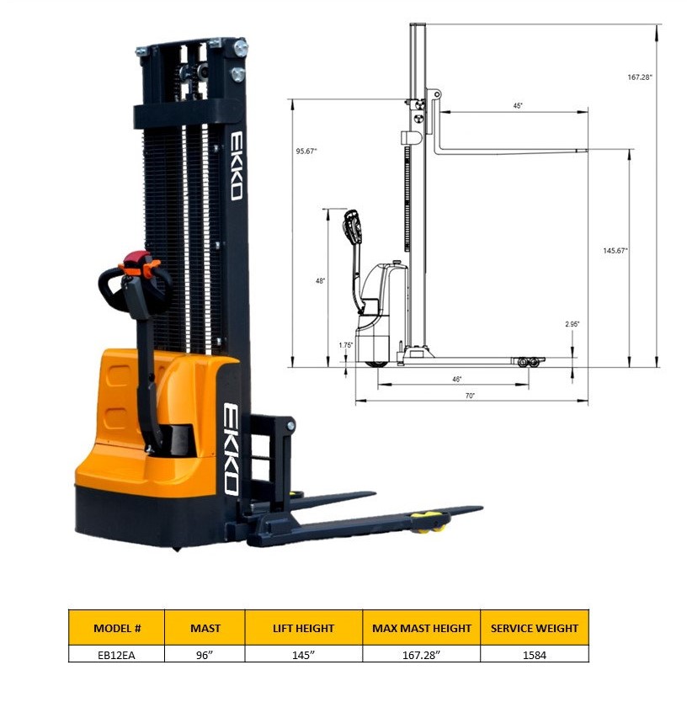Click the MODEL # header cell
coord(116,628)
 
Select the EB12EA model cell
coord(116,654)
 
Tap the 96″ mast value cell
coord(205,654)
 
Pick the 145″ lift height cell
coord(303,654)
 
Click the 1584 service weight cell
coord(535,654)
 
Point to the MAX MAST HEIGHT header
coord(421,628)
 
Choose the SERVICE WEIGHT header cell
coord(535,628)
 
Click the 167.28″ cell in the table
coord(421,654)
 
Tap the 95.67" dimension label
coord(306,152)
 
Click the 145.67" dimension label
coord(615,251)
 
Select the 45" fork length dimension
coord(518,106)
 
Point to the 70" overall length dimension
coord(470,395)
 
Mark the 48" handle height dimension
coord(320,281)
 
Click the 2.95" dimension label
coord(572,324)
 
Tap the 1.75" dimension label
coord(345,345)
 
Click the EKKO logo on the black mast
coord(237,165)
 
